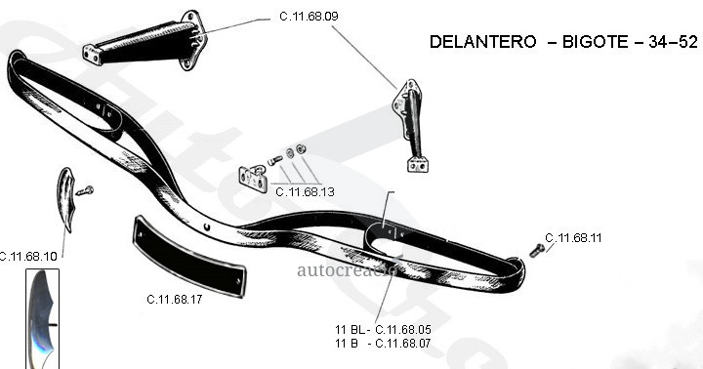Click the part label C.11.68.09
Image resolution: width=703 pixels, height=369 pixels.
[309, 17]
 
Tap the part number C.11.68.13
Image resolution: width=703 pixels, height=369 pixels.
[305, 192]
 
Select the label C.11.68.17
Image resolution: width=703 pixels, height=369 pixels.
[175, 299]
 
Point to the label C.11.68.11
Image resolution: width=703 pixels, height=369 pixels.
[573, 237]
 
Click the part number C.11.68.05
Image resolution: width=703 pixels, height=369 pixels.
[403, 330]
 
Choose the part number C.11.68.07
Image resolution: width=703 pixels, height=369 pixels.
[403, 344]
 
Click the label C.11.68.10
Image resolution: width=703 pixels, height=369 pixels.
[27, 257]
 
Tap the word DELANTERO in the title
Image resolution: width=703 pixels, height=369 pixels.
[482, 42]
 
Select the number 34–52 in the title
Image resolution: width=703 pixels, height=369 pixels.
[674, 42]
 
